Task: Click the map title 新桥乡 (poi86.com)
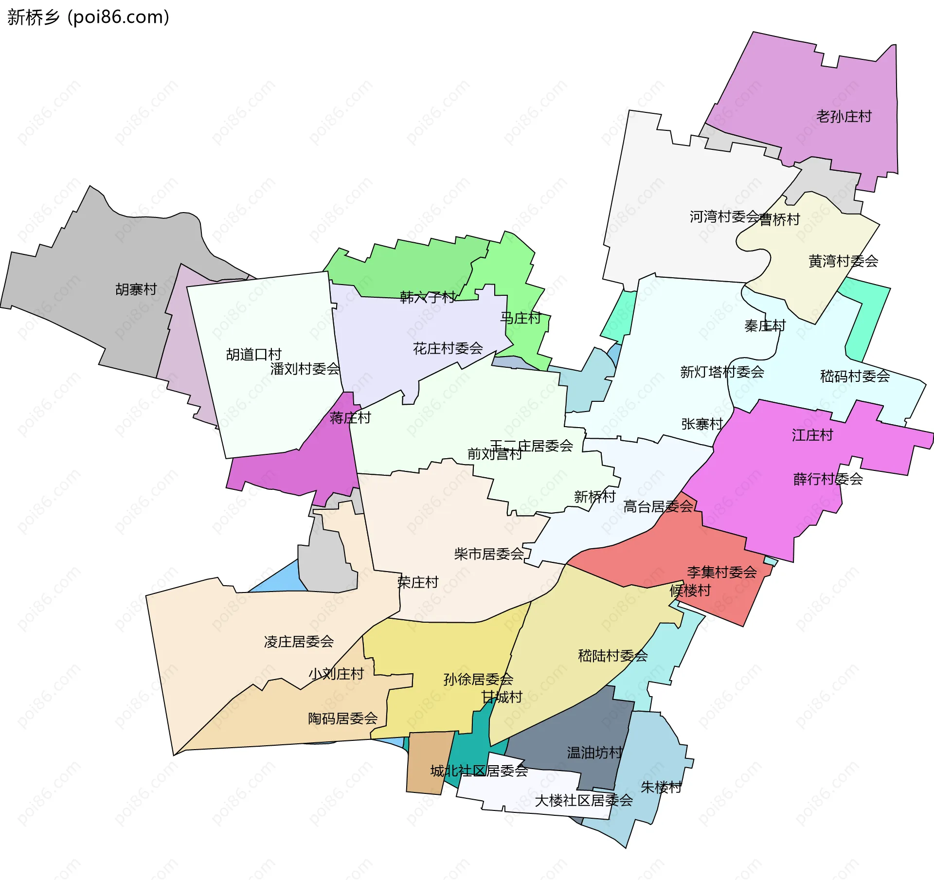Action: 88,17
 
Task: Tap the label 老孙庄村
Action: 844,117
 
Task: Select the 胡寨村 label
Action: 136,289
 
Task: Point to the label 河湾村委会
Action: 724,216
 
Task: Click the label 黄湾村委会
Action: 843,261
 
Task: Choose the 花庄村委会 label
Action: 448,348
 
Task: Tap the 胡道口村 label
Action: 253,354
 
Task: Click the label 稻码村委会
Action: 855,376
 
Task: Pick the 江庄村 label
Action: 812,435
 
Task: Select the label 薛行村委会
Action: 828,479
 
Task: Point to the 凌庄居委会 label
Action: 299,642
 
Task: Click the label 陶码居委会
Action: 342,718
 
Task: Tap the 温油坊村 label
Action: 594,753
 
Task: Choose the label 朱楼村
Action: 661,787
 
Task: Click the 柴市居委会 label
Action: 489,554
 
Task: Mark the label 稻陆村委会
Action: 612,656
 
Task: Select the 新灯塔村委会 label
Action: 722,372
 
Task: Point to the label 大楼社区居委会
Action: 584,800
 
